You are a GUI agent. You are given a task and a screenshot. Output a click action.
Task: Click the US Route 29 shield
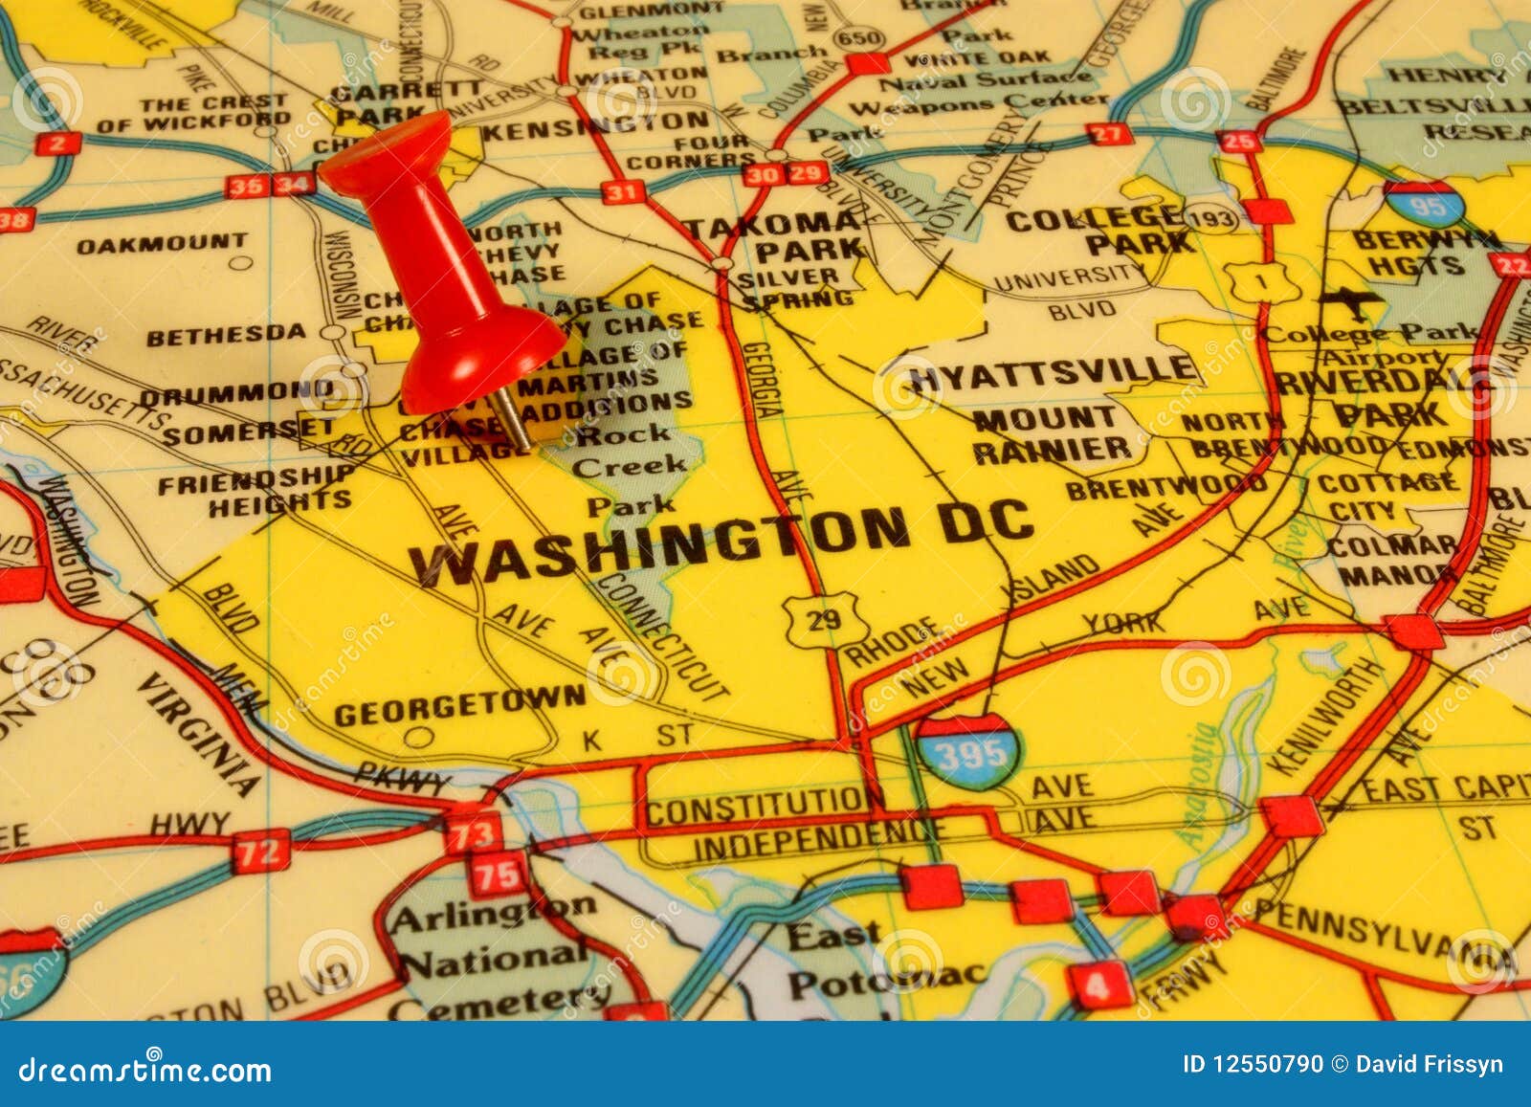[x=824, y=619]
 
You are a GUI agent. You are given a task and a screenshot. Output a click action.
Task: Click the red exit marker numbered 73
[x=473, y=832]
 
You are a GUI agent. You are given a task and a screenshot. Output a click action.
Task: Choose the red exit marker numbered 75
[x=498, y=873]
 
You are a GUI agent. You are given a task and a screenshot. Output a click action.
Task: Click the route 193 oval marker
[x=1210, y=219]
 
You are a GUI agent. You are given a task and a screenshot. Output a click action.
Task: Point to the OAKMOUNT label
[x=161, y=244]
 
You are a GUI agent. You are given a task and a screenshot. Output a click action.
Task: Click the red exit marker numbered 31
[x=621, y=192]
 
